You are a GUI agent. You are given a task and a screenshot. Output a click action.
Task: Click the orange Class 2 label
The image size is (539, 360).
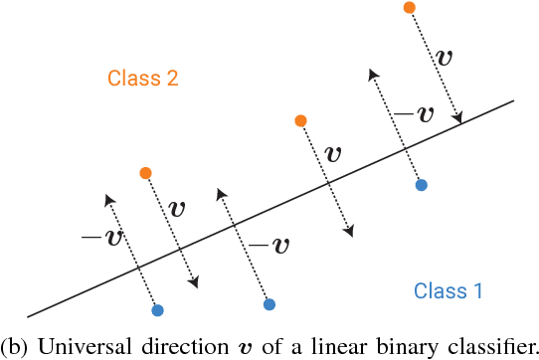click(x=144, y=78)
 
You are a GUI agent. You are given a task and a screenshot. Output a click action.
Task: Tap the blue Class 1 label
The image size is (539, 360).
click(x=449, y=291)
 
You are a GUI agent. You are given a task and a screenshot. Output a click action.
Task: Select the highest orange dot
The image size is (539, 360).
click(x=409, y=8)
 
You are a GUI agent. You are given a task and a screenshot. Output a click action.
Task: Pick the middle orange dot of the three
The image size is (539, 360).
click(x=300, y=121)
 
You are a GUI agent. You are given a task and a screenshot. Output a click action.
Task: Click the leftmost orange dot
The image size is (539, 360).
click(x=146, y=173)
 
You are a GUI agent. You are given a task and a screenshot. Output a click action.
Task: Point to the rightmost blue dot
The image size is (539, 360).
click(x=422, y=185)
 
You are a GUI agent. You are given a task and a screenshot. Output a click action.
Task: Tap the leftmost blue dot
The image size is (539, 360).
click(x=157, y=310)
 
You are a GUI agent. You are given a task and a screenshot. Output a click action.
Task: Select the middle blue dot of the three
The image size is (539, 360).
click(x=269, y=303)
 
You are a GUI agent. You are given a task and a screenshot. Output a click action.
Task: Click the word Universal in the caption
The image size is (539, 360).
click(x=71, y=347)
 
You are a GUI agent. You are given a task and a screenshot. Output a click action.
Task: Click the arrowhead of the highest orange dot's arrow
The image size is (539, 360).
click(x=460, y=121)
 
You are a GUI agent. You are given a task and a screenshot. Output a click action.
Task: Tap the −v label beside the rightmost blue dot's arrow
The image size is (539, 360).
click(x=414, y=112)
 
